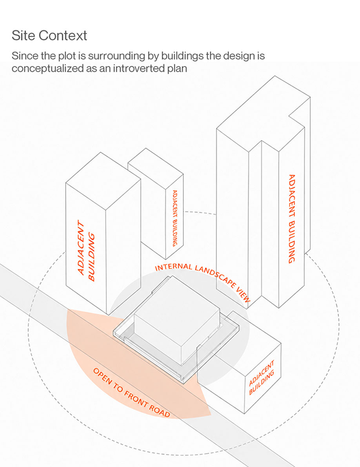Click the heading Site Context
click(x=49, y=35)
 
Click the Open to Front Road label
click(x=132, y=392)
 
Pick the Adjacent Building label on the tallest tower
click(x=292, y=219)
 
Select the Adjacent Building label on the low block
click(x=261, y=378)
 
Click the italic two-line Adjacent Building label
click(x=86, y=251)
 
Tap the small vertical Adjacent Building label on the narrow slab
click(x=175, y=218)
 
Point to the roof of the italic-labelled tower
click(x=103, y=181)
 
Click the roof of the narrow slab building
click(x=156, y=168)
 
